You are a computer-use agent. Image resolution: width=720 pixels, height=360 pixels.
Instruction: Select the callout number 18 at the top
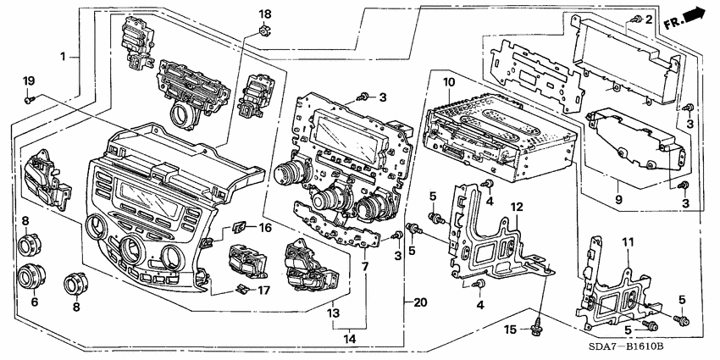[265, 14]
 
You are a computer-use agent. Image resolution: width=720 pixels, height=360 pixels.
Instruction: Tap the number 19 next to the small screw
[27, 81]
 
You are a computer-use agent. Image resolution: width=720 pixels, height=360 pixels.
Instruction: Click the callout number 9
[618, 200]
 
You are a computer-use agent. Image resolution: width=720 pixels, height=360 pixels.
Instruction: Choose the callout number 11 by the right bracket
[628, 242]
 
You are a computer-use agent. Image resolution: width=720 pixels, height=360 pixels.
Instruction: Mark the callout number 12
[515, 207]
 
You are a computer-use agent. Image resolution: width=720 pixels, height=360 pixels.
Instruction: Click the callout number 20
[419, 302]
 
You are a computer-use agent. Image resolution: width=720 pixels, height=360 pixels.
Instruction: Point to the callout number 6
[35, 302]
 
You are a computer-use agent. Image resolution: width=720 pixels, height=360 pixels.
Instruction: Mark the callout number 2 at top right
[649, 19]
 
